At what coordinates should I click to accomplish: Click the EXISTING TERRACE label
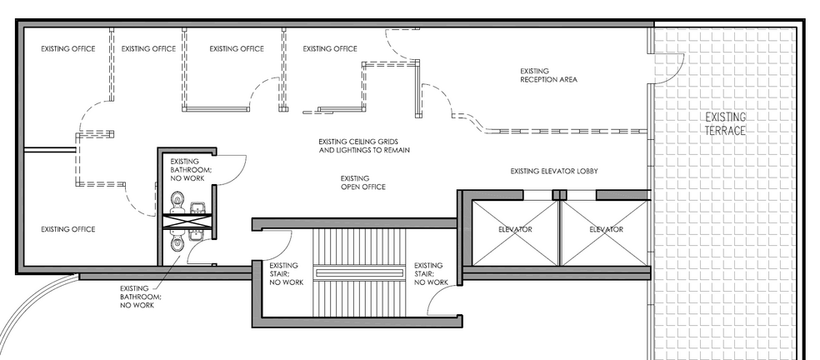(725, 123)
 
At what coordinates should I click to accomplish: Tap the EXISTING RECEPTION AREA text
(548, 75)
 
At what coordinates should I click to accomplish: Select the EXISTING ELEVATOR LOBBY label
(554, 171)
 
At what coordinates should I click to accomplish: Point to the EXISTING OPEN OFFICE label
(362, 182)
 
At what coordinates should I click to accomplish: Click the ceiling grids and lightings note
(363, 146)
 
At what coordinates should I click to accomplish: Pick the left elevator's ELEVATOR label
(515, 229)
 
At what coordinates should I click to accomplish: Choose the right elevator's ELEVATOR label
(606, 229)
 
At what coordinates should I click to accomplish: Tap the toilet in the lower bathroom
(176, 242)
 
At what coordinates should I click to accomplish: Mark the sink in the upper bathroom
(197, 207)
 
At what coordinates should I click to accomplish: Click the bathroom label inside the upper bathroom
(191, 170)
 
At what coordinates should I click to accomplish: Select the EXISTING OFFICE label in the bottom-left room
(68, 229)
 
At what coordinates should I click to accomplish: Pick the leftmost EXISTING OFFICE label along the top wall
(68, 48)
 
